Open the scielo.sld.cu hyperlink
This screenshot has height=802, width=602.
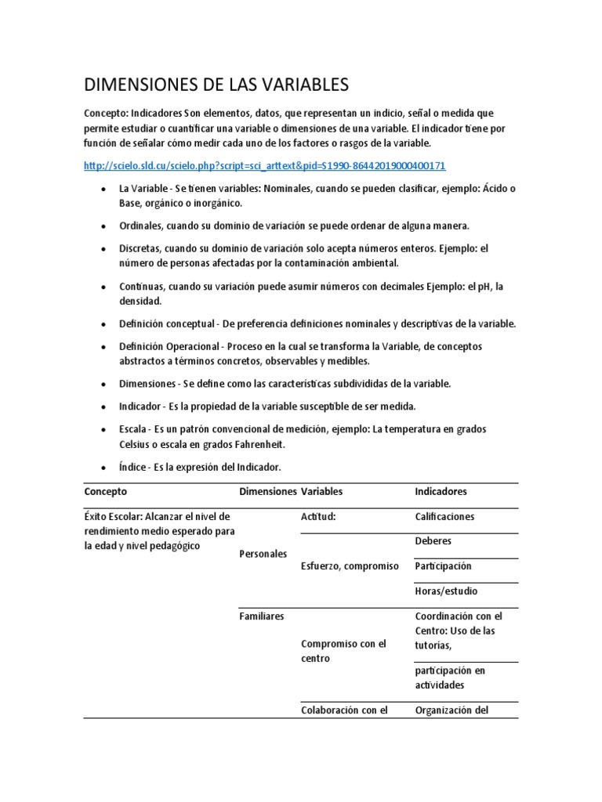[x=265, y=166]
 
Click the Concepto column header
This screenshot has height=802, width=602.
[x=105, y=492]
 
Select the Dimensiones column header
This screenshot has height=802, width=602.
[x=267, y=492]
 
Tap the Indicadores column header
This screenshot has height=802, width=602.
[x=441, y=492]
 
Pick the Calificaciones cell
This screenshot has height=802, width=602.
[x=444, y=517]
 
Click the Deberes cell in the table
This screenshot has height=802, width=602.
[x=433, y=541]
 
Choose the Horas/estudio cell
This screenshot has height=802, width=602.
[x=446, y=591]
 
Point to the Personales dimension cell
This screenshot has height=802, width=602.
[x=263, y=554]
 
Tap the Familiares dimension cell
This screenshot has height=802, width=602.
[x=261, y=616]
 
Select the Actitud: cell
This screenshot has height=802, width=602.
[x=318, y=517]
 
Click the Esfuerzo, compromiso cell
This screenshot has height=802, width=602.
[x=350, y=566]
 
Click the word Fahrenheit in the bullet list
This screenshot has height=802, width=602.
[x=254, y=444]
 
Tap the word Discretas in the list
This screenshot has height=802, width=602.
[x=141, y=248]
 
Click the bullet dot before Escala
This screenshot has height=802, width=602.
[x=104, y=430]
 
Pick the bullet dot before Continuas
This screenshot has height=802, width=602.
[x=104, y=287]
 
